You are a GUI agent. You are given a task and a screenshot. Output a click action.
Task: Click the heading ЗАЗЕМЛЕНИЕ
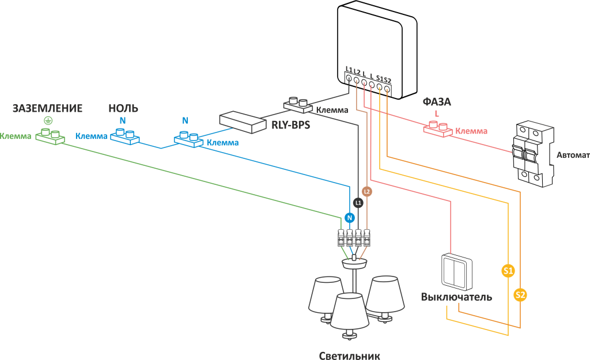47,108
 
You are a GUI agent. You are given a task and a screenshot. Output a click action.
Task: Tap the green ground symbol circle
48,120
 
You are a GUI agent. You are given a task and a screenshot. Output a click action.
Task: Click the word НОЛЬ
123,108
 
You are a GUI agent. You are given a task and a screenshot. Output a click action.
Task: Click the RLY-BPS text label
290,123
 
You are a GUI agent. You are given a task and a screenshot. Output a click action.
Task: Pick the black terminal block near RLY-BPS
298,105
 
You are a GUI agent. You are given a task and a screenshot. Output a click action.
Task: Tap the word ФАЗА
437,102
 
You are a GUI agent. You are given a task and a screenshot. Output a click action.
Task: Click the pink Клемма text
471,131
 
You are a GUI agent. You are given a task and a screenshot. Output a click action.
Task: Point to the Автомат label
572,156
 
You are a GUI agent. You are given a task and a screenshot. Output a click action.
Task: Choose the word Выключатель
456,297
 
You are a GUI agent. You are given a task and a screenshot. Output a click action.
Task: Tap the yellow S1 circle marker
508,270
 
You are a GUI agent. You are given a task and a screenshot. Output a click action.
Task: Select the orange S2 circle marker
520,295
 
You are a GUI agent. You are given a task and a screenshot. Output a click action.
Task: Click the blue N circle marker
349,218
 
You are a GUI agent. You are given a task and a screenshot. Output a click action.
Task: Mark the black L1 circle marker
358,203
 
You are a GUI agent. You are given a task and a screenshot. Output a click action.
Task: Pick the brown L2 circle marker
367,191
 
